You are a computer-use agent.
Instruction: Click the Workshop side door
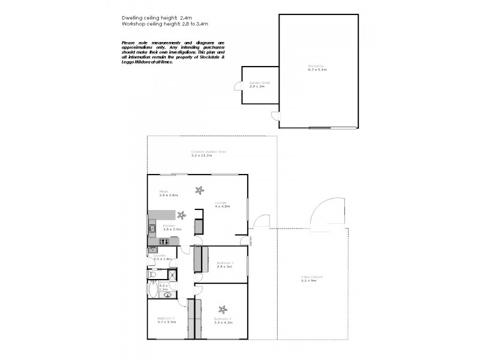(275, 116)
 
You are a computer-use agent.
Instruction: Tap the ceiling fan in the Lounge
(198, 191)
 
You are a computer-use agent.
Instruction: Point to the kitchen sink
(152, 228)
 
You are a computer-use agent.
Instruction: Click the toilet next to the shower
(154, 275)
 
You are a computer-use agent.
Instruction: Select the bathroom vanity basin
(168, 294)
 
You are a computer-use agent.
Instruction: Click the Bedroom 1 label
(225, 263)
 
